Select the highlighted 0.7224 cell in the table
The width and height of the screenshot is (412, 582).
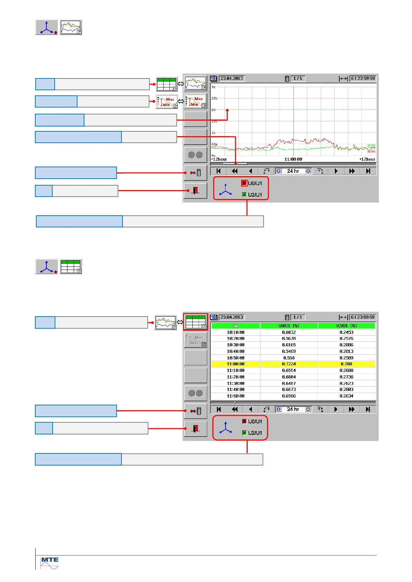pyautogui.click(x=289, y=364)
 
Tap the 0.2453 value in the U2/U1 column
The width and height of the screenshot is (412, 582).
pyautogui.click(x=346, y=332)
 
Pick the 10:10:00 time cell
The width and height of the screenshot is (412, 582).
pyautogui.click(x=236, y=332)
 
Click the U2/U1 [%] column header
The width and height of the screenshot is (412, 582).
pyautogui.click(x=346, y=326)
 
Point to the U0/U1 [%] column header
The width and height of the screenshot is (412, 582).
pyautogui.click(x=289, y=326)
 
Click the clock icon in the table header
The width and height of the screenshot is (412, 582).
pyautogui.click(x=236, y=326)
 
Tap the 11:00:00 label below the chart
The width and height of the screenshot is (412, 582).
pyautogui.click(x=293, y=159)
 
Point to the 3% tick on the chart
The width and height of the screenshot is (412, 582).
pyautogui.click(x=213, y=87)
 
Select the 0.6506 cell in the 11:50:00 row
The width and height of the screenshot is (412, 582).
pyautogui.click(x=289, y=396)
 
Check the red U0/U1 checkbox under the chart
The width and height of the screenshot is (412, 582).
pyautogui.click(x=244, y=183)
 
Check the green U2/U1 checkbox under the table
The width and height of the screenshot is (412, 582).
pyautogui.click(x=244, y=433)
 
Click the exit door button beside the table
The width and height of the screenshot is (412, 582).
pyautogui.click(x=195, y=429)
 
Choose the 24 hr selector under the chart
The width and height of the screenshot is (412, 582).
pyautogui.click(x=293, y=171)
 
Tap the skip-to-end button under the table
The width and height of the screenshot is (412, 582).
pyautogui.click(x=368, y=410)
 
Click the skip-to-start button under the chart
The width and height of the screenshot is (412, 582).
pyautogui.click(x=218, y=171)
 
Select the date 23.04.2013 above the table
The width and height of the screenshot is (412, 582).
pyautogui.click(x=232, y=317)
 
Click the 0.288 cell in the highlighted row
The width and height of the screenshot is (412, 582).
pyautogui.click(x=346, y=364)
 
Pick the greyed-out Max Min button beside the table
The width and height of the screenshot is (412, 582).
pyautogui.click(x=195, y=340)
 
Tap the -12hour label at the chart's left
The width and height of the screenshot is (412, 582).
pyautogui.click(x=219, y=159)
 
